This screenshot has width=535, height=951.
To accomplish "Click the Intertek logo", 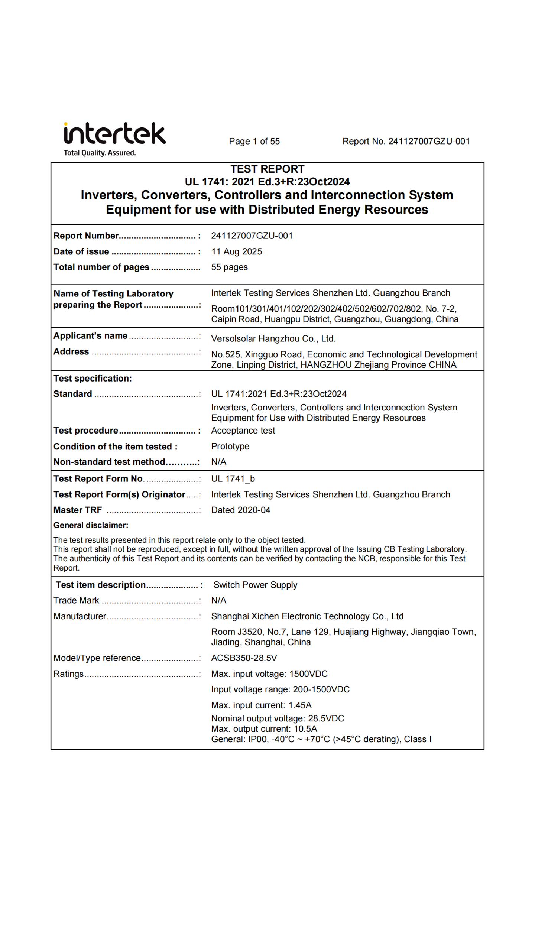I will [114, 134].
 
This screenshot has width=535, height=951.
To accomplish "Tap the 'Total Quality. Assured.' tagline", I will [100, 153].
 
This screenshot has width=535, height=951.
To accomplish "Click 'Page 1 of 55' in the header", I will [254, 141].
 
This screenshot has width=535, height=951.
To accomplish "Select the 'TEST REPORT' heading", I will [267, 169].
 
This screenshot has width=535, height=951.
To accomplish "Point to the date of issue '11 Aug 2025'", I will [236, 251].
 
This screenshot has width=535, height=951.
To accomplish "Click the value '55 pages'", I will [229, 267].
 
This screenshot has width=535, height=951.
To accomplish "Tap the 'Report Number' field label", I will [86, 236].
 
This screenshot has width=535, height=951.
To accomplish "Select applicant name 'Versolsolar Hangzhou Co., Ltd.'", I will [273, 338].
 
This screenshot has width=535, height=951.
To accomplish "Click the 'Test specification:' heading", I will [93, 378].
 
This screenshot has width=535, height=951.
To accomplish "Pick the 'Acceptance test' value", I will [243, 431].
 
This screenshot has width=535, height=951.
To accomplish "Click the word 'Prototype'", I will [230, 446].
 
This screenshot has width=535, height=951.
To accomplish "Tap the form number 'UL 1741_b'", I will [233, 478].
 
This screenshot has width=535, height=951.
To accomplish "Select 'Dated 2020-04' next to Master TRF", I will [240, 510].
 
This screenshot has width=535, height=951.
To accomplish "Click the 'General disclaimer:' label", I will [91, 525].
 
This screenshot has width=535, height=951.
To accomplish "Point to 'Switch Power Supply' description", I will [255, 585].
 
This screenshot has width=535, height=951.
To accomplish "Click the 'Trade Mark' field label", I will [76, 600].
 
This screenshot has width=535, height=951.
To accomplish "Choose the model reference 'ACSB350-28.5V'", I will [244, 658].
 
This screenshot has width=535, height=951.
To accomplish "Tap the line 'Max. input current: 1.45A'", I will [261, 705].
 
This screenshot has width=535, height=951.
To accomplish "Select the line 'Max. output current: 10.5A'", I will [264, 729].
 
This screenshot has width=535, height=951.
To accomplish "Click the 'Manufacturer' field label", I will [80, 616].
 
